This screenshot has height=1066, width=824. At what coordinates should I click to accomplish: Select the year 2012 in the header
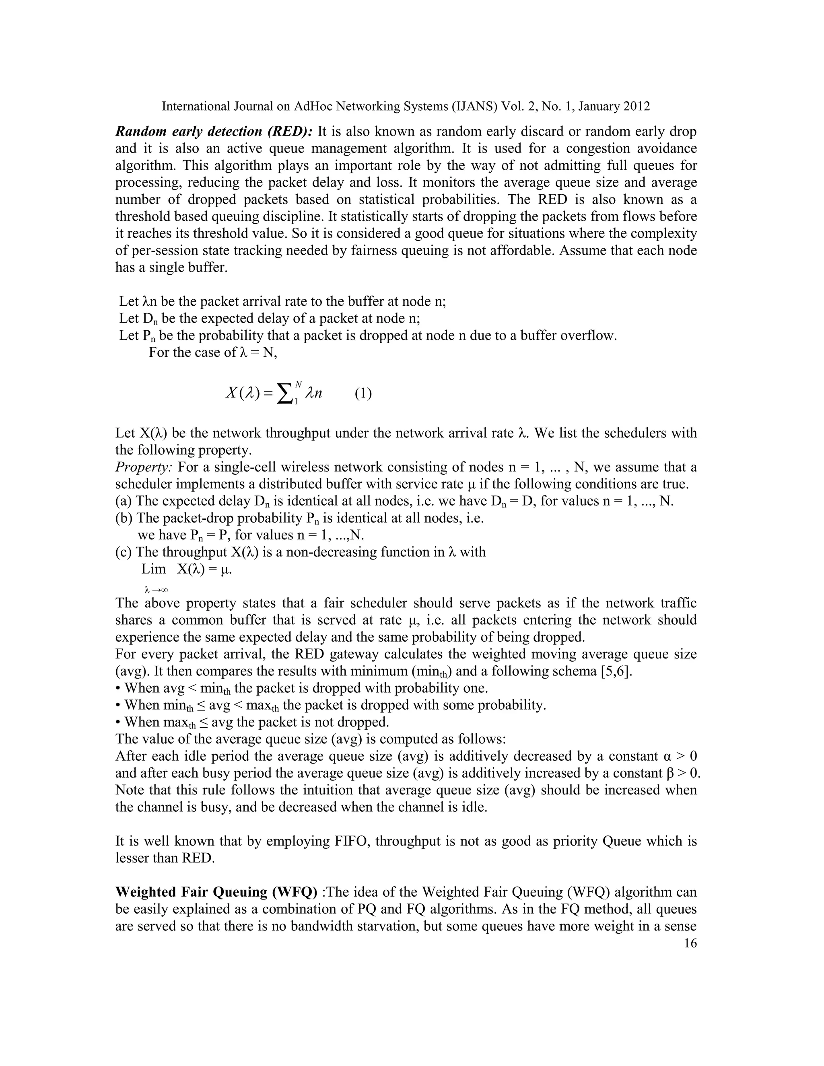(x=636, y=107)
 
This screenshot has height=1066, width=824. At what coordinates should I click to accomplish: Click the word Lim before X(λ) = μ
(x=154, y=569)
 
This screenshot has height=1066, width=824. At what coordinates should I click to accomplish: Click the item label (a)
(x=124, y=501)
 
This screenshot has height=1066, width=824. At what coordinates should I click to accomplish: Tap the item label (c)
(x=124, y=552)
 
